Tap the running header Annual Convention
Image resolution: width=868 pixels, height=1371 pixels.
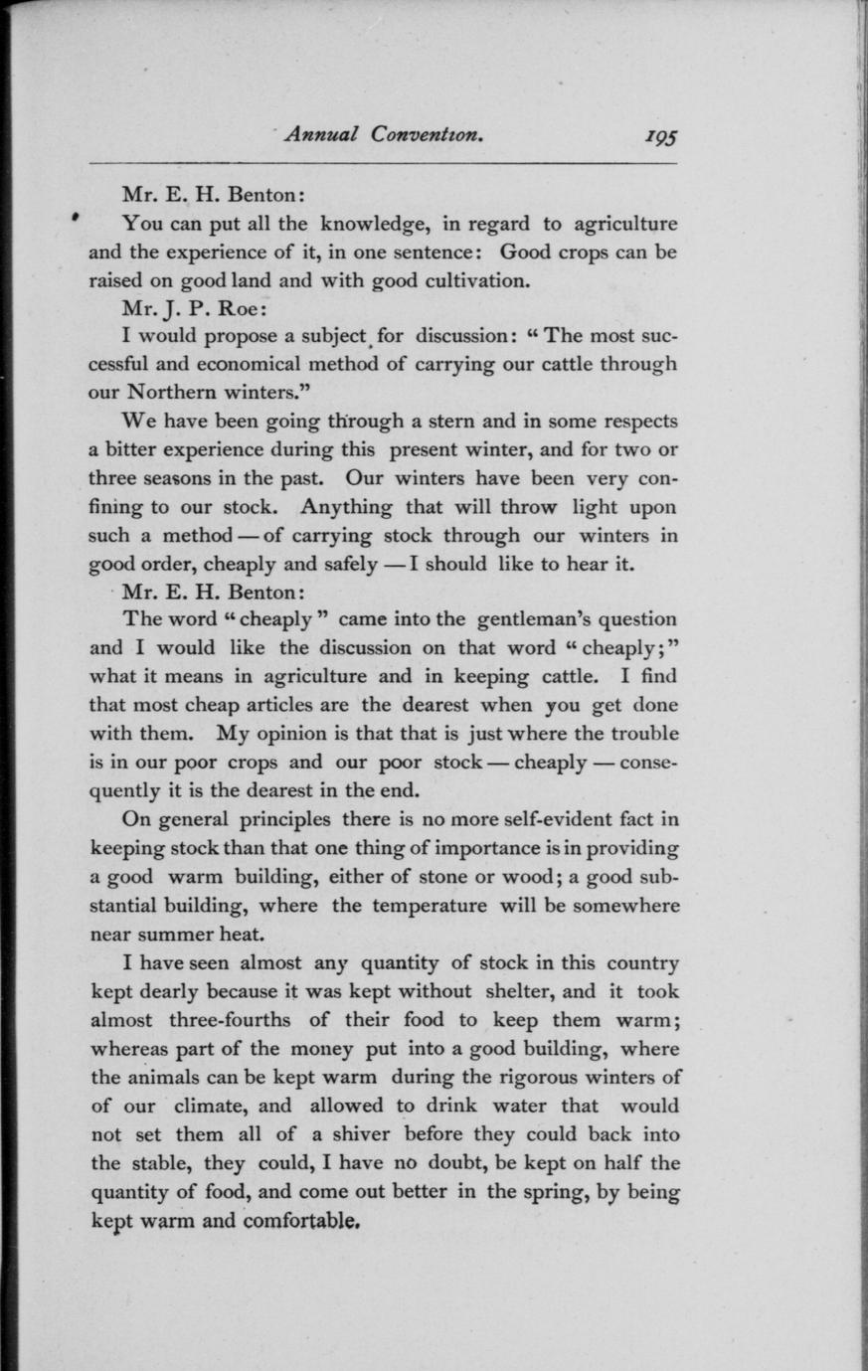(384, 134)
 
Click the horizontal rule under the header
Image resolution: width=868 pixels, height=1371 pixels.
(383, 163)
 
